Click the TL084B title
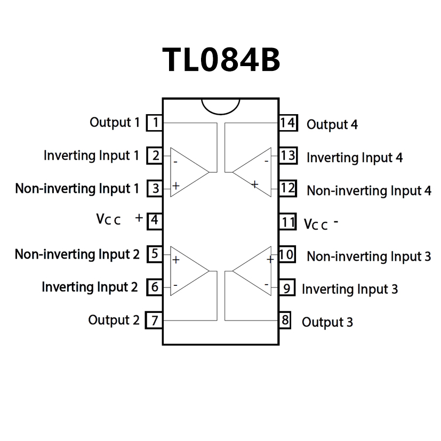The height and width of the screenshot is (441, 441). [221, 59]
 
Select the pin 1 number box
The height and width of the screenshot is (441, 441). [155, 123]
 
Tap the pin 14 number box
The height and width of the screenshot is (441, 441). [287, 123]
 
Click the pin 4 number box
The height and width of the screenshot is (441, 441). [155, 220]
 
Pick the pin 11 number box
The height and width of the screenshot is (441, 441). [287, 221]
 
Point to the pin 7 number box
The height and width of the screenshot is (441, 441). [155, 320]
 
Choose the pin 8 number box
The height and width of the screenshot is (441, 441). [285, 320]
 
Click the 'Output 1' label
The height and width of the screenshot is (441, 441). [114, 122]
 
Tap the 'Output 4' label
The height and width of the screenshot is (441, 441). [332, 125]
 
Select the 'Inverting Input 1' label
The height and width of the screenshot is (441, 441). [91, 156]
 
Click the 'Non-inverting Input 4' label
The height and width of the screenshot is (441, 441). [368, 190]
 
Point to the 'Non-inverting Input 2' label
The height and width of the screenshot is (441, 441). [77, 254]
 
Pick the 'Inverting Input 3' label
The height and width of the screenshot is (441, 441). [349, 289]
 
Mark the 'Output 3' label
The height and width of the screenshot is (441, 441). [327, 322]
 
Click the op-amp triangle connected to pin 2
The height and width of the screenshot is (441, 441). [187, 172]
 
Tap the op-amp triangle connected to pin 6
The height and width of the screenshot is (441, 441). [187, 271]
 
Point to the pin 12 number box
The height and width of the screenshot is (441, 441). [287, 188]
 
